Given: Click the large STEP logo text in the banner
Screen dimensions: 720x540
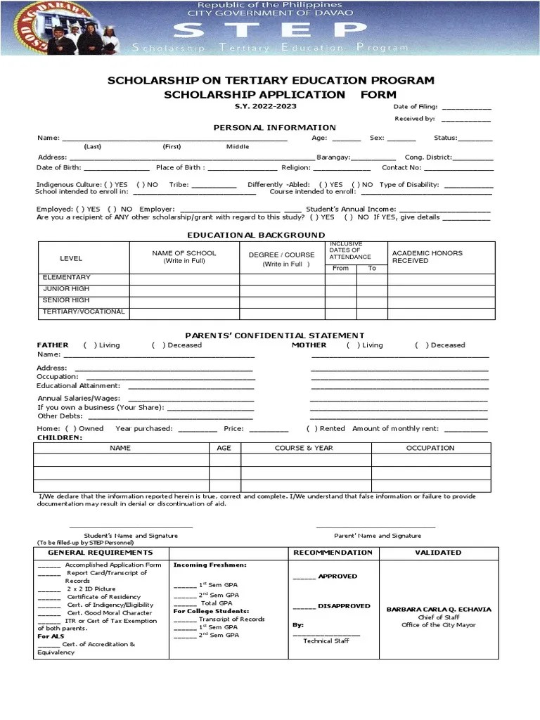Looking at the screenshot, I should pos(270,30).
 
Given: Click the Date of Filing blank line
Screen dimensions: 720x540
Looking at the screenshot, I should pos(467,108).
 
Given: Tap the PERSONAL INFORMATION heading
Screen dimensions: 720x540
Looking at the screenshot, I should pos(275,127).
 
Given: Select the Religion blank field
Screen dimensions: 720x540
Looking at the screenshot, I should pos(341,169).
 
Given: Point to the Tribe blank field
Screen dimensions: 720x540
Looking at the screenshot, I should pos(214,186).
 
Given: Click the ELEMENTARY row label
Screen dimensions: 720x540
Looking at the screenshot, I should pos(67,278).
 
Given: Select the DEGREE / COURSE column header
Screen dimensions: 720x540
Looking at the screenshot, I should pos(282,258).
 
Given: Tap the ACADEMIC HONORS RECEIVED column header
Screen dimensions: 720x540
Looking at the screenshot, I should pos(427,257).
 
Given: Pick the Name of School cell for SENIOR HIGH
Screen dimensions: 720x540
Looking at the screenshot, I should pos(184,301).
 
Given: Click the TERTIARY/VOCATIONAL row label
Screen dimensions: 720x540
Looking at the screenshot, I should pos(84,311).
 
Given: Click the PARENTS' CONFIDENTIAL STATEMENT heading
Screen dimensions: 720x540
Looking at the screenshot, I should pos(274,335).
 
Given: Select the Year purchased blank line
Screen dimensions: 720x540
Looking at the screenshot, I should pos(198,430).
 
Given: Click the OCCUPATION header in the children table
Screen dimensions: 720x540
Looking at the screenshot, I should pos(430,448).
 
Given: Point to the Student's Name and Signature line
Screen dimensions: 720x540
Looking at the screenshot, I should pos(131,527).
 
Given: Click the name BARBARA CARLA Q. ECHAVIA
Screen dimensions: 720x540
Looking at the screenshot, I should pos(439,610).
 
